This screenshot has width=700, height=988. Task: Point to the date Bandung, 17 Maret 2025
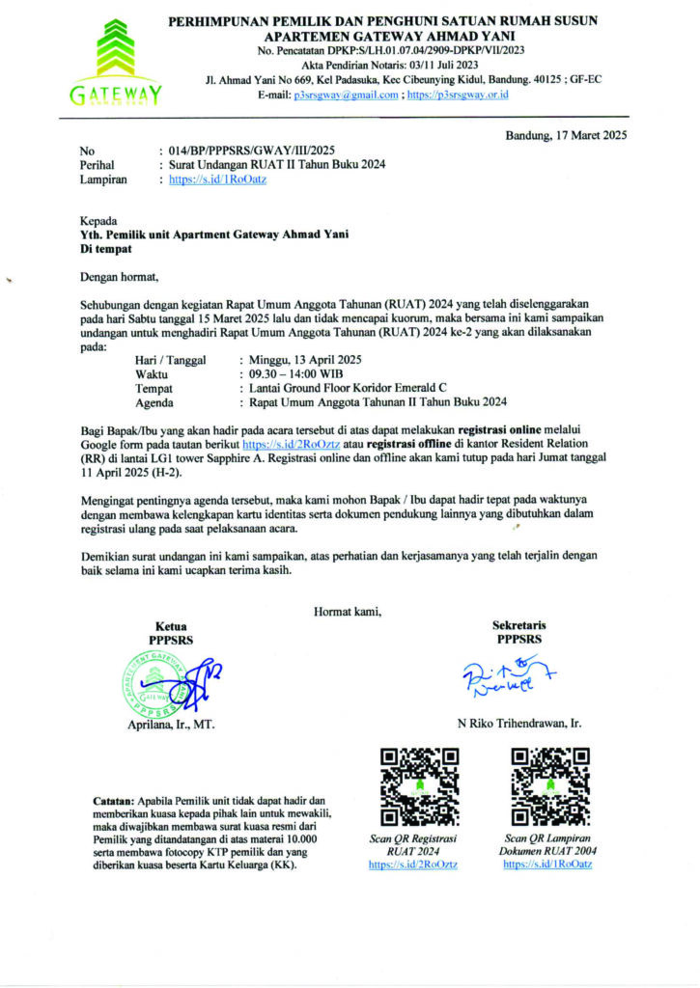(566, 135)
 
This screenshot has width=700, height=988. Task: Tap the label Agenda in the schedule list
(154, 402)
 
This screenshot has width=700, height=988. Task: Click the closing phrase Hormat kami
(348, 609)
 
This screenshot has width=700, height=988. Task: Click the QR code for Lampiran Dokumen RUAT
(547, 785)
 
